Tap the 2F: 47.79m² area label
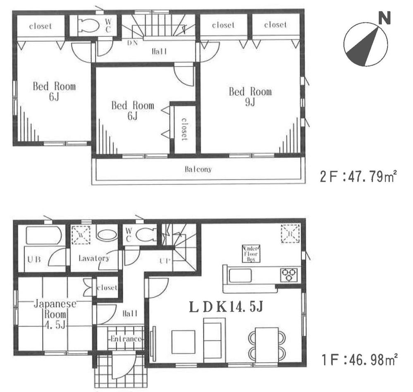coord(358,178)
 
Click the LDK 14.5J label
coord(226,307)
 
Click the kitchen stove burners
coord(289,273)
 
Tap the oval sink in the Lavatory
coord(107,235)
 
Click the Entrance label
coord(126,339)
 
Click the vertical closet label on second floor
coord(184,129)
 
